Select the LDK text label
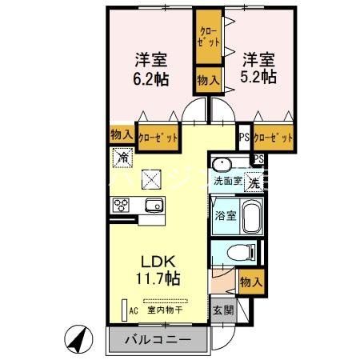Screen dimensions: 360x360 coord(158,261)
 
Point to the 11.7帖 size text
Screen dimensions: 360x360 coord(158,278)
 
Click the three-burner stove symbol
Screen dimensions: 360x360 coord(122,206)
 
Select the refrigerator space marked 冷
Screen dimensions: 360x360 coord(122,158)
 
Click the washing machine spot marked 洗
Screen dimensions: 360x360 coord(252,183)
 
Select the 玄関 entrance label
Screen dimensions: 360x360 coord(222,308)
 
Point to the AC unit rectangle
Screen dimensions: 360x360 coord(124,308)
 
